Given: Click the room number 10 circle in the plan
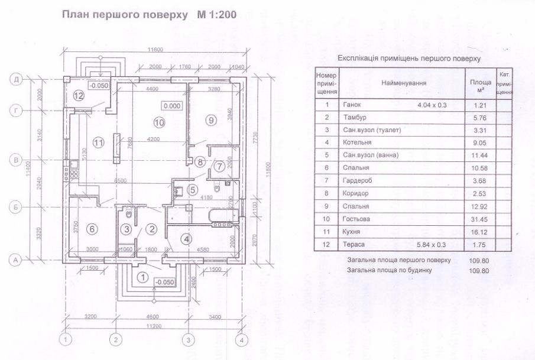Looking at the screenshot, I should (157, 123).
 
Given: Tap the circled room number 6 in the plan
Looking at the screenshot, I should (92, 229).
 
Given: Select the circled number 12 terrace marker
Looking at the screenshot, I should (79, 96).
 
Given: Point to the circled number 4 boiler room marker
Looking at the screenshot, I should (187, 239).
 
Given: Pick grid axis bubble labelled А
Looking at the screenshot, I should (18, 259).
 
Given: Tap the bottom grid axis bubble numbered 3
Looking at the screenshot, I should (187, 340).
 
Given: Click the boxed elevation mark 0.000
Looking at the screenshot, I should (173, 106).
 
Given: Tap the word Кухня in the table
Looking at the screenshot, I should (352, 232).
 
